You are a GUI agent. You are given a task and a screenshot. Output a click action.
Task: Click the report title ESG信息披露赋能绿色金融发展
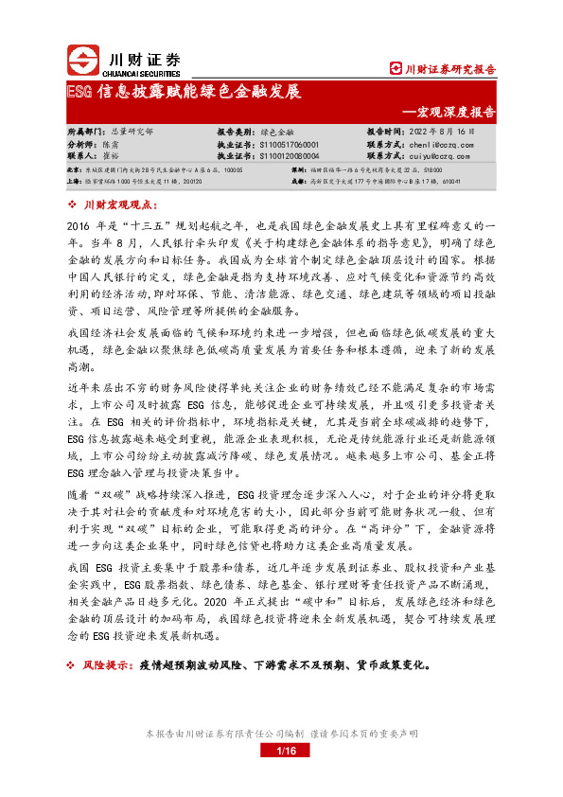(184, 92)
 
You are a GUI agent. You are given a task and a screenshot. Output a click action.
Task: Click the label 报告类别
(236, 133)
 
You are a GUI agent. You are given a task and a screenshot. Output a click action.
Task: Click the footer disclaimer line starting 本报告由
(281, 734)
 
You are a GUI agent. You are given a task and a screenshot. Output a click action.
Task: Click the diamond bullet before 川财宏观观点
(75, 204)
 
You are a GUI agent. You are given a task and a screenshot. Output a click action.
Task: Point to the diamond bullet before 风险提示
(75, 664)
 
